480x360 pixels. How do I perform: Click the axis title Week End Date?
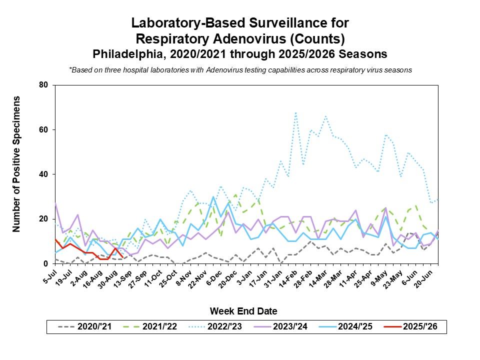point(243,311)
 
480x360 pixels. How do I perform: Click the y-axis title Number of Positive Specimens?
point(16,163)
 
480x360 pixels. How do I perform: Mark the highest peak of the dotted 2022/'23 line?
point(296,113)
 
